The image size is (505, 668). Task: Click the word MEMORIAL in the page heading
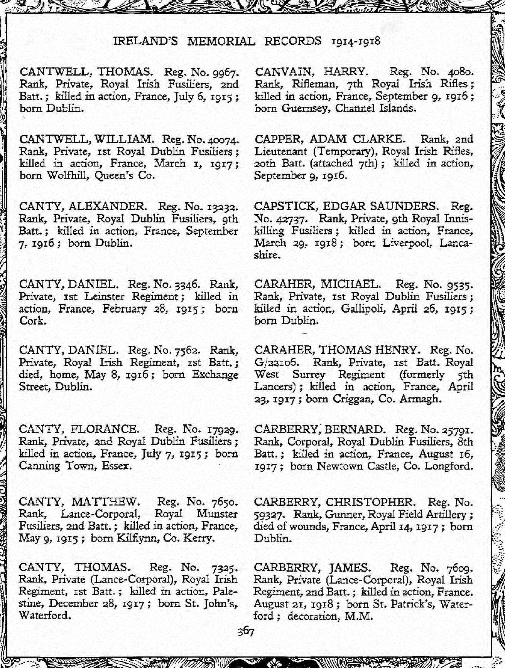coord(221,41)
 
